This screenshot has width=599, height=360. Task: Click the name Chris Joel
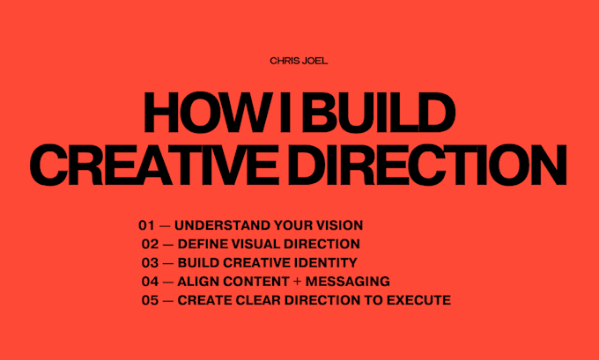[299, 61]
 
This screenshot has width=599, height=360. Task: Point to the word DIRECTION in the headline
[427, 165]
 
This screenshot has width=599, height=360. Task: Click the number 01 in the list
[147, 225]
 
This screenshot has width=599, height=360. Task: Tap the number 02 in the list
[150, 244]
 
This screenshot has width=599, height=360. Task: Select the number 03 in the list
[150, 262]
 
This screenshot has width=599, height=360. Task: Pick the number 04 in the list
[150, 282]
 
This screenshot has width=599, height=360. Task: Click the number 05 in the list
[150, 300]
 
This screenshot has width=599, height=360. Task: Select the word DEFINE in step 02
[203, 244]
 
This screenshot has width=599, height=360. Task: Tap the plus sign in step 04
[297, 282]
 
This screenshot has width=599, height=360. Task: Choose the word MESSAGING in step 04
[348, 282]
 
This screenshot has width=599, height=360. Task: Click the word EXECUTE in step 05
[418, 300]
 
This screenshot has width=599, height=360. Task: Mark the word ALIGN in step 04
[198, 282]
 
